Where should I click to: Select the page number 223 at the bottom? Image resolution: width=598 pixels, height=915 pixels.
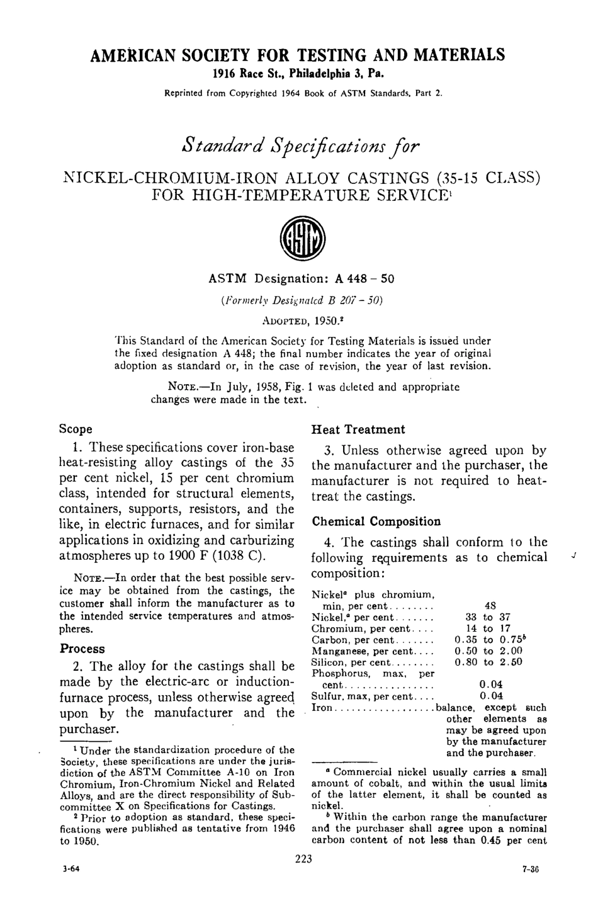[x=303, y=858]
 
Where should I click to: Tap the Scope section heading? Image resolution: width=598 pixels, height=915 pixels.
[x=76, y=429]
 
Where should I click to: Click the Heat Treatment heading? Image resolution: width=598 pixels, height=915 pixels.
[x=358, y=429]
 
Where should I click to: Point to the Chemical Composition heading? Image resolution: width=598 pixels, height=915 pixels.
[x=376, y=521]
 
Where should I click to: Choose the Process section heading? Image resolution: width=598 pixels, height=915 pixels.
[x=82, y=649]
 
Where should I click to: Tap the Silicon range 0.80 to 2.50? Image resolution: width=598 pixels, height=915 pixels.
[x=488, y=662]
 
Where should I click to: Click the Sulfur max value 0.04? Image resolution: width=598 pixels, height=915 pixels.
[x=491, y=696]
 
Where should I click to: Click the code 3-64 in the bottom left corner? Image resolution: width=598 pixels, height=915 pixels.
[x=71, y=868]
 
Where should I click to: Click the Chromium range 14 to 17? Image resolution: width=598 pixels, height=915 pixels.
[x=488, y=628]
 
